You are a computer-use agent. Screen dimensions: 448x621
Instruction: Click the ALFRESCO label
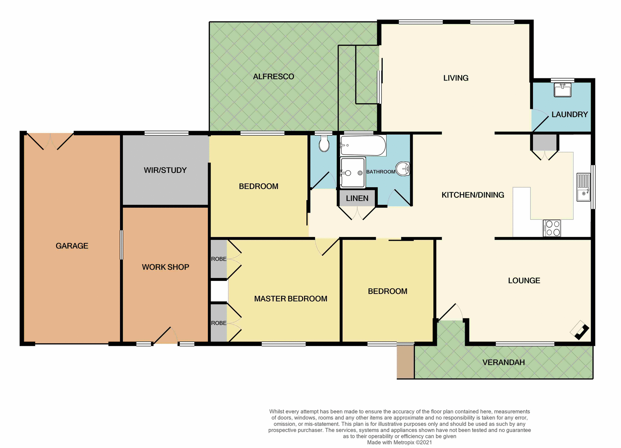tap(273, 77)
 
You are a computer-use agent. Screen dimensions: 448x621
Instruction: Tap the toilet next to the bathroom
tap(324, 144)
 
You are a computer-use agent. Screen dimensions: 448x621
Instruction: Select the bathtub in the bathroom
tap(363, 145)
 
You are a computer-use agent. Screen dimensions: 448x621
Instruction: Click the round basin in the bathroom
tap(403, 168)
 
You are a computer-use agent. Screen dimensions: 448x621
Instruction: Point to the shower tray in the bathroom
tap(353, 173)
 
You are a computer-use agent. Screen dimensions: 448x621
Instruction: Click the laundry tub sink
tap(562, 90)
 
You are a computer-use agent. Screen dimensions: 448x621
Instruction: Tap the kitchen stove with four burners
tap(552, 228)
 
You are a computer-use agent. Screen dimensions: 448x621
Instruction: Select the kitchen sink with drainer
tap(583, 187)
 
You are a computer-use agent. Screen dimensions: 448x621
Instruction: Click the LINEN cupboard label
tap(357, 198)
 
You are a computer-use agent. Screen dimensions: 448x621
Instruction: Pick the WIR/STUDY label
tap(165, 170)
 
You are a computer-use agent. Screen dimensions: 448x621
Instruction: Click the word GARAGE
tap(72, 246)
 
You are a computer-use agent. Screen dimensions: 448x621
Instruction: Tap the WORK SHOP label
tap(165, 267)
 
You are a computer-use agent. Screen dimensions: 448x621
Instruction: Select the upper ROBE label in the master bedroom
tap(219, 259)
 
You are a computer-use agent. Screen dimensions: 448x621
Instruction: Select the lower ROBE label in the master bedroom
tap(219, 323)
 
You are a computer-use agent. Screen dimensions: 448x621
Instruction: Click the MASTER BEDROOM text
tap(290, 299)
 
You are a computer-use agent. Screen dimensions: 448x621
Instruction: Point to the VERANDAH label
tap(503, 362)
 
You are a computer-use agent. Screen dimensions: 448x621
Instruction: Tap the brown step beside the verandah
tap(405, 362)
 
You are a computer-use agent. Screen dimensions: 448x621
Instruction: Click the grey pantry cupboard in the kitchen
tap(545, 142)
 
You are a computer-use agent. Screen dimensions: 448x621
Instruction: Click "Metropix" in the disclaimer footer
tap(404, 443)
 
